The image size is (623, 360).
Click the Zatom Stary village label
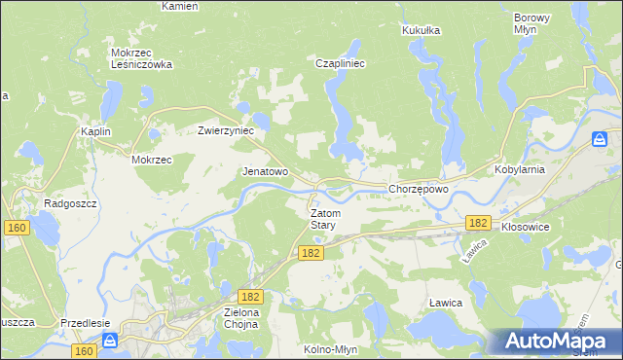click(x=322, y=219)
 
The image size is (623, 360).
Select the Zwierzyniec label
click(x=226, y=129)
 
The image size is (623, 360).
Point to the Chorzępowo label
click(x=418, y=189)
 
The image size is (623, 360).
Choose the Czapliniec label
click(x=340, y=62)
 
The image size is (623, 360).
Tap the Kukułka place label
click(x=421, y=30)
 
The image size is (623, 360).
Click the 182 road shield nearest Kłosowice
click(x=477, y=223)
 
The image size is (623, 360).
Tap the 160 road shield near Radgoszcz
click(x=16, y=228)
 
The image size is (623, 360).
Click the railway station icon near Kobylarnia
click(x=601, y=139)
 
